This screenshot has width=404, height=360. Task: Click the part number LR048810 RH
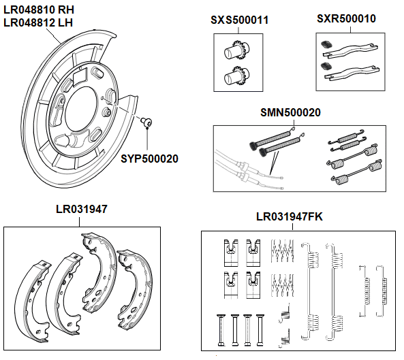pos(40,10)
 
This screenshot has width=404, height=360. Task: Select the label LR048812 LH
pos(38,22)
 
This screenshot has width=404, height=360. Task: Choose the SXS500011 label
pos(239,20)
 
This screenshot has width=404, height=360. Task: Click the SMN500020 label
pos(290,112)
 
